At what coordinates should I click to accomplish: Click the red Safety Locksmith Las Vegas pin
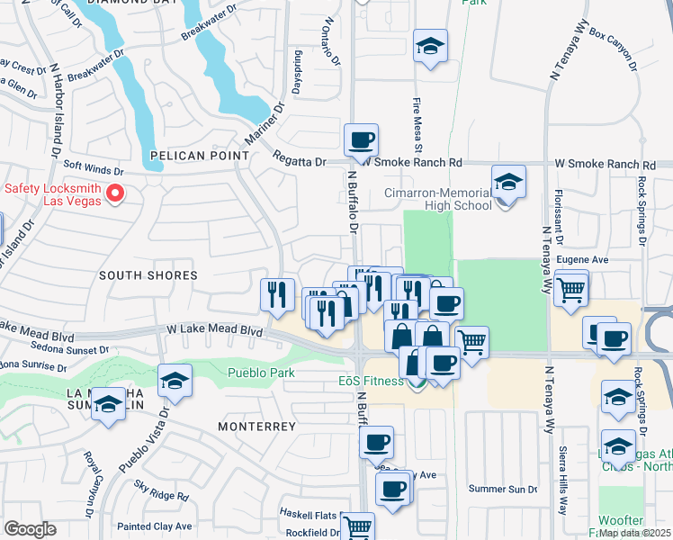click(x=115, y=193)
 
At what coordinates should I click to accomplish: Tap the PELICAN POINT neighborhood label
click(x=199, y=156)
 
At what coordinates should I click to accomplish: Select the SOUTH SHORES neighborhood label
click(x=135, y=274)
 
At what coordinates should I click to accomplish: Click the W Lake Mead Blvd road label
click(x=214, y=331)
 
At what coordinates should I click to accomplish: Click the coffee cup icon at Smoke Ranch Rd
click(x=361, y=140)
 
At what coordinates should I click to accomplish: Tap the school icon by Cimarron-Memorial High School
click(x=508, y=182)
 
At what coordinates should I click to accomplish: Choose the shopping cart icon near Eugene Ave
click(x=571, y=290)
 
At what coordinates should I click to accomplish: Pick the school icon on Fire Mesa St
click(x=430, y=46)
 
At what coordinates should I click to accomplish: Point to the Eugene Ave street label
click(x=582, y=259)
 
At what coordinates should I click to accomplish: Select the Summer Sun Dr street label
click(x=503, y=489)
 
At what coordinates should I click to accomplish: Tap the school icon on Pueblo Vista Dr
click(x=175, y=381)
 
